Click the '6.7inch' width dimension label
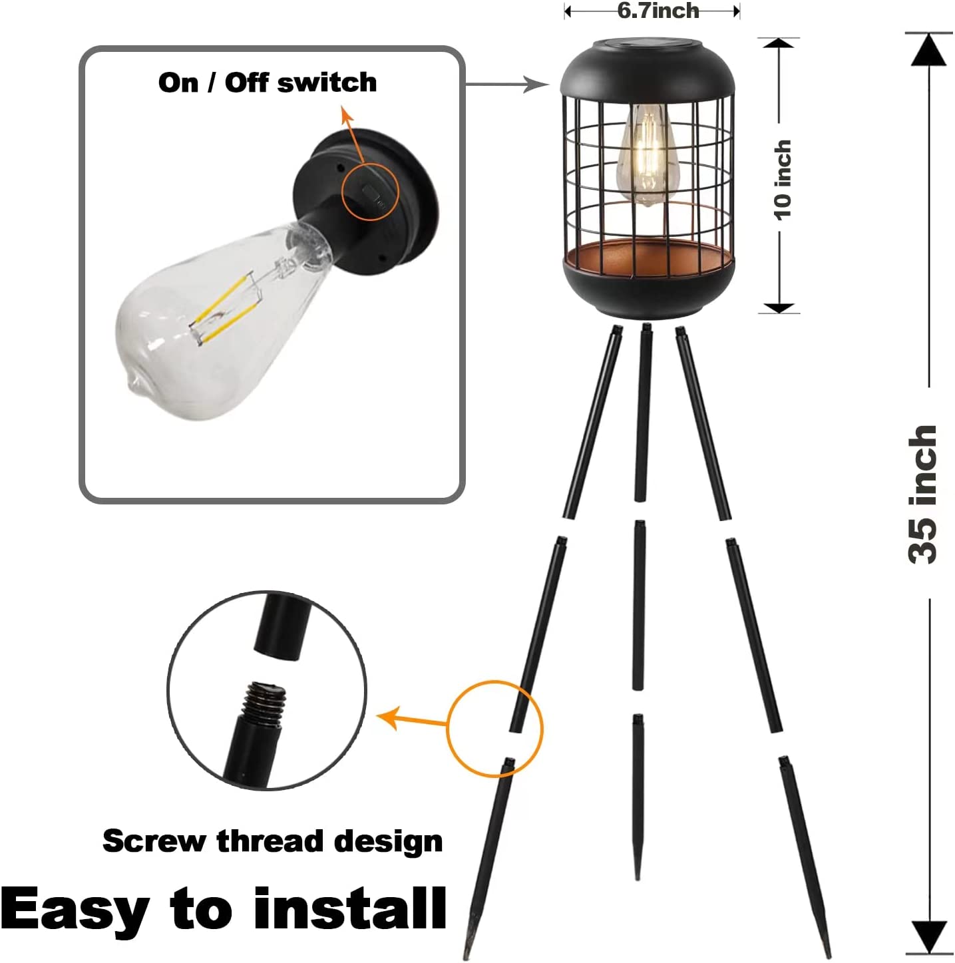click(658, 11)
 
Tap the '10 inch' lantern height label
click(783, 180)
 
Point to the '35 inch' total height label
click(924, 494)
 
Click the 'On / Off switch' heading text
click(268, 83)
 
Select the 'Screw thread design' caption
click(272, 841)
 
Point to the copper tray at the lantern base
click(648, 260)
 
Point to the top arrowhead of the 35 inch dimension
click(928, 49)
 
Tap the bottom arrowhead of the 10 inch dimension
click(779, 307)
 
